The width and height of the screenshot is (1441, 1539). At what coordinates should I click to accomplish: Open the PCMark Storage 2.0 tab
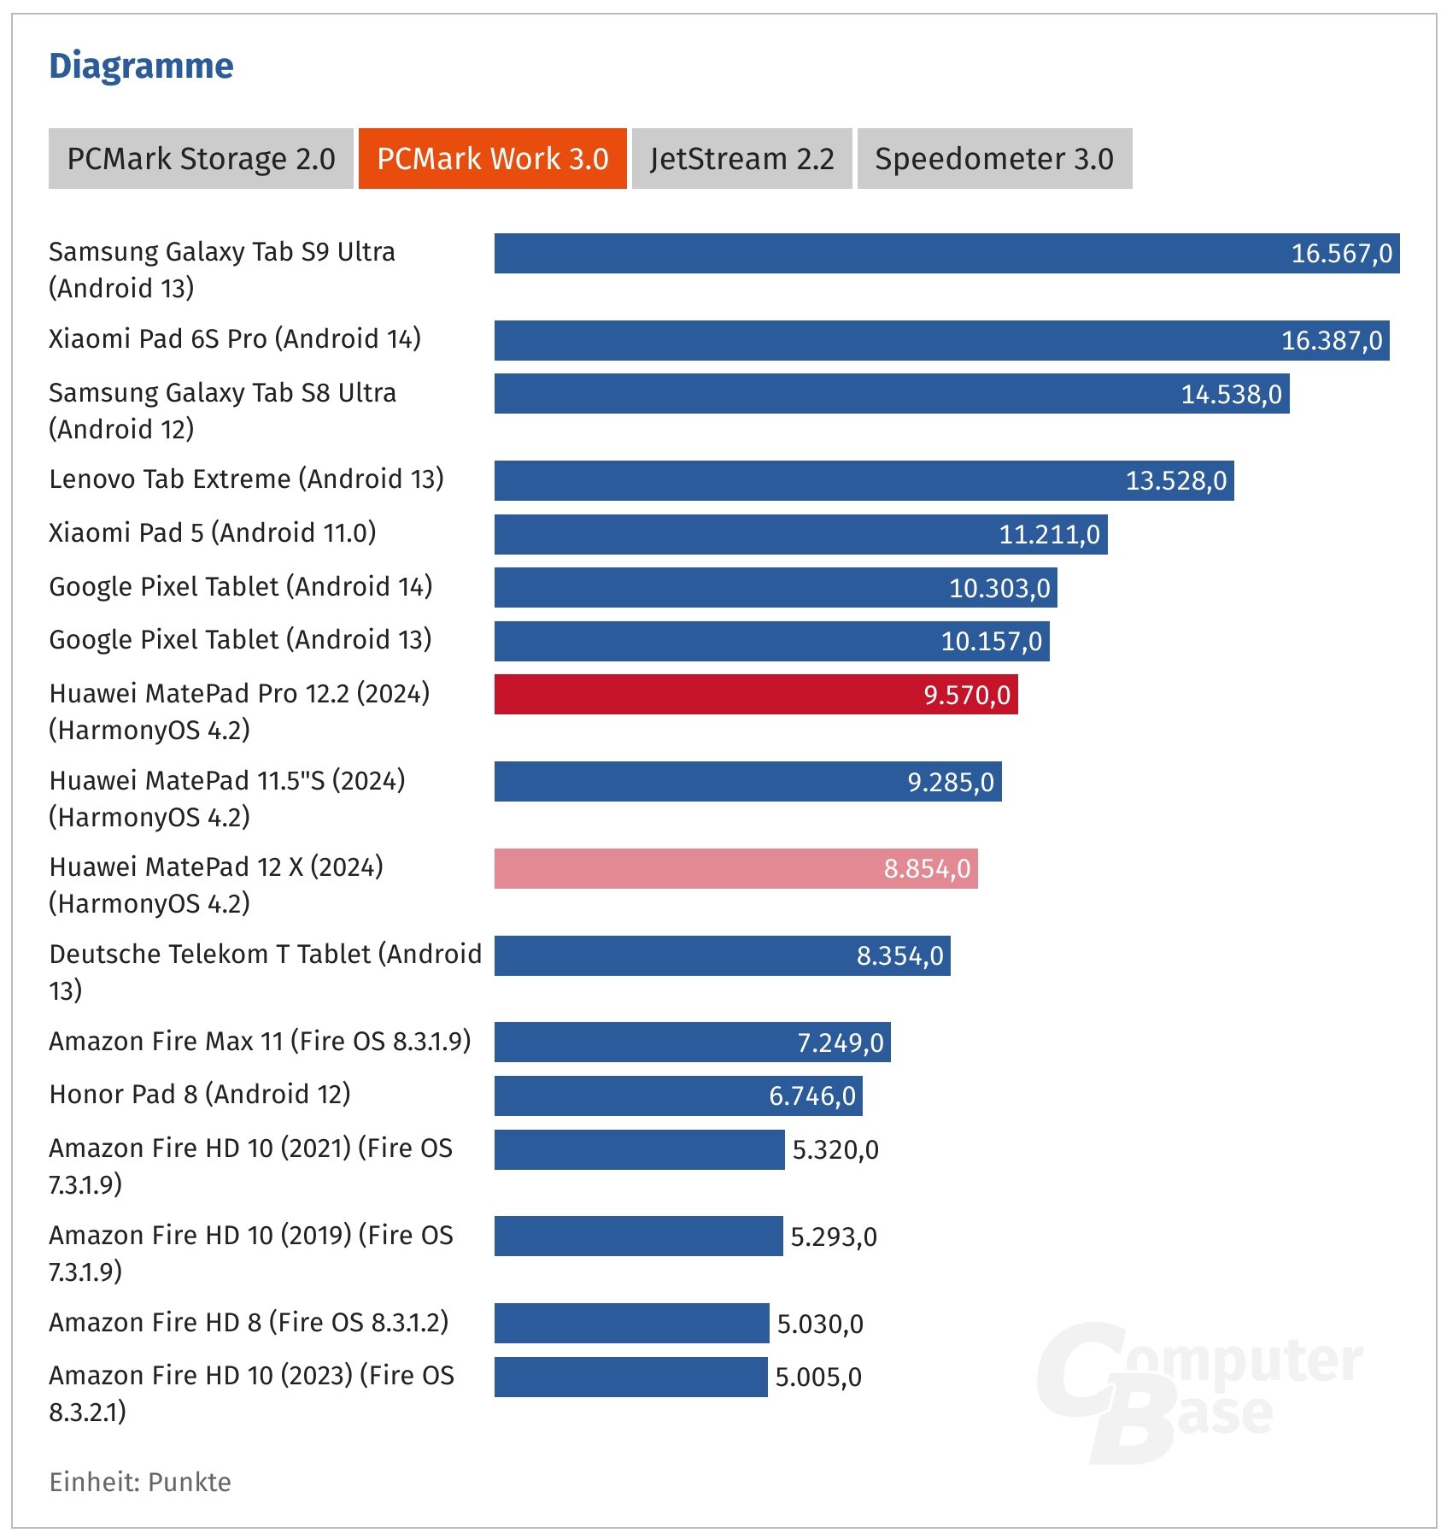point(201,159)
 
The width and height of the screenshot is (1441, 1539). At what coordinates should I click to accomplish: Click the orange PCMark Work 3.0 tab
point(492,159)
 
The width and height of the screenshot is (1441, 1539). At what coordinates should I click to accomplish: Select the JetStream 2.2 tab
point(741,159)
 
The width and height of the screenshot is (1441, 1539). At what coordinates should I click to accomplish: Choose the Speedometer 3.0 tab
point(994,159)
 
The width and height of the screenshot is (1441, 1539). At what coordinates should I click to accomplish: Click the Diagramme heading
point(141,66)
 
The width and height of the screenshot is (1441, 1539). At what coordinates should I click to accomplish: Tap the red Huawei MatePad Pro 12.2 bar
point(755,694)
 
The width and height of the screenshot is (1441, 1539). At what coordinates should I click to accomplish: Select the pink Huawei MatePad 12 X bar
point(735,868)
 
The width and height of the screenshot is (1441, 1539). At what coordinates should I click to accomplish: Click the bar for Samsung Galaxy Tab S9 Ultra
point(946,253)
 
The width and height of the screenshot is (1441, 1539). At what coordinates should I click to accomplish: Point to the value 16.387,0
point(1331,341)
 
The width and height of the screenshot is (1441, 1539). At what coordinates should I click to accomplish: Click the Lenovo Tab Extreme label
point(246,479)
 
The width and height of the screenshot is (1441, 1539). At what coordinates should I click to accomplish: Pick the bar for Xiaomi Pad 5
point(800,534)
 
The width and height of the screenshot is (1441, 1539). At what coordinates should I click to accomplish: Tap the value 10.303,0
point(999,588)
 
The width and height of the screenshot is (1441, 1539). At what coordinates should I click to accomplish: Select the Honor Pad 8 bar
point(677,1096)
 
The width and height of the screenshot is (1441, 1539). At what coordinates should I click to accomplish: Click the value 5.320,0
point(835,1150)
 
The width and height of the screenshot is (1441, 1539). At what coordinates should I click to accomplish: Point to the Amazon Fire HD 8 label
point(248,1323)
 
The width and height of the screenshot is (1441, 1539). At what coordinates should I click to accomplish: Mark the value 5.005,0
point(817,1377)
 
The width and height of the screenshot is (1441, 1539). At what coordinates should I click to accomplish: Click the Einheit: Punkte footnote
point(140,1482)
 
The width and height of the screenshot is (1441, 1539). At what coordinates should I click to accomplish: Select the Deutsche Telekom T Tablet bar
point(722,955)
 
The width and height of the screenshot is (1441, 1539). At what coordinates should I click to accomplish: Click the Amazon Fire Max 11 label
point(260,1041)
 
